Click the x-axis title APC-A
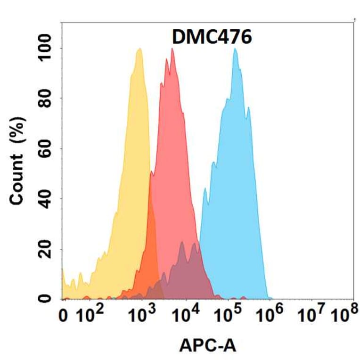(x=208, y=346)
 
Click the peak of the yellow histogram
(x=139, y=49)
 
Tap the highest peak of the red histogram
(x=172, y=49)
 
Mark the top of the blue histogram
(x=235, y=49)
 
